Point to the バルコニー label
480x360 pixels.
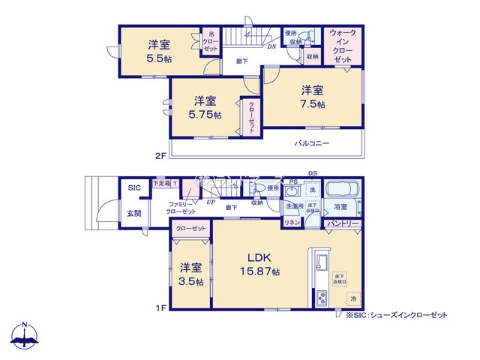[312, 142]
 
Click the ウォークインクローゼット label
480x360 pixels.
[343, 44]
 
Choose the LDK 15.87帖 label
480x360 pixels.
[259, 263]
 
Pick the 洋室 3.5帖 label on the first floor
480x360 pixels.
[190, 274]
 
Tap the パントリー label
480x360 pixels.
[343, 223]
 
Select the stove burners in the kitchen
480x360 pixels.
[320, 298]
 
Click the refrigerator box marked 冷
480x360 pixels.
[352, 299]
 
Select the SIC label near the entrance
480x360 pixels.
[133, 187]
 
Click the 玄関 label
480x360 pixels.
[132, 214]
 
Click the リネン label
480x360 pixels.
[292, 223]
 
